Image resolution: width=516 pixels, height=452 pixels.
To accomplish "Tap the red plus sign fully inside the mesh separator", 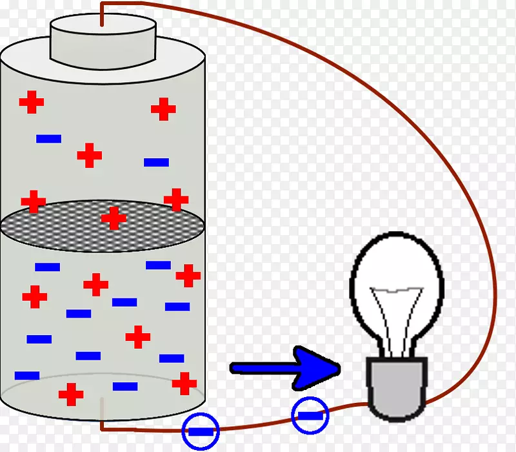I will click(x=114, y=218).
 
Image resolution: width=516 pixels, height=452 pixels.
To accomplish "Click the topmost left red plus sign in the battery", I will click(x=31, y=102).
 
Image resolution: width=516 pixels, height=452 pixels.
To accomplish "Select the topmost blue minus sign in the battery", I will click(x=49, y=138).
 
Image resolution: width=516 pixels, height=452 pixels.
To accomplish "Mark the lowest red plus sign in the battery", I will click(x=71, y=393).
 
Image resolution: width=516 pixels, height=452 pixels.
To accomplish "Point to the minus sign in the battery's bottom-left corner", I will click(x=27, y=375).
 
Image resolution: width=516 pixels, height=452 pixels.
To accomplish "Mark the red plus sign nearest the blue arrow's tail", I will click(x=184, y=382).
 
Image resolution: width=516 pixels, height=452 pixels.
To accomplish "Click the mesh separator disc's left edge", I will click(x=4, y=225).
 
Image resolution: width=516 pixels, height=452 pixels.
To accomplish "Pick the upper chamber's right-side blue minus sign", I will click(x=157, y=162).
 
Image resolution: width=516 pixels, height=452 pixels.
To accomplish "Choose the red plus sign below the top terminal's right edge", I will click(x=164, y=109).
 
